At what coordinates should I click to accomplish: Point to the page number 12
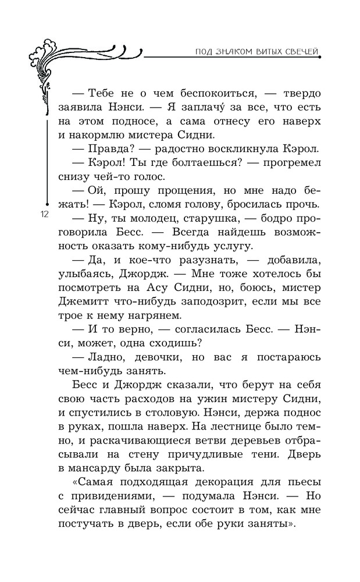[x=44, y=214]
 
